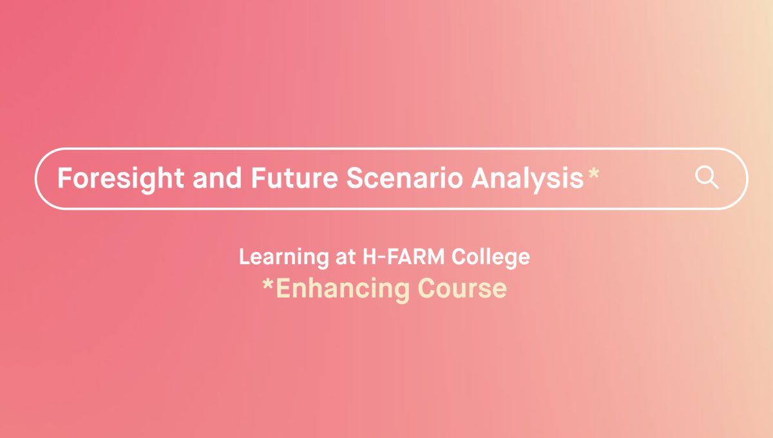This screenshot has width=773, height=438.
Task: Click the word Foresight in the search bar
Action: pyautogui.click(x=121, y=178)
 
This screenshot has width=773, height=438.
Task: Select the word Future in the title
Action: pyautogui.click(x=294, y=178)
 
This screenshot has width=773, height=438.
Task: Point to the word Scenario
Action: pyautogui.click(x=404, y=178)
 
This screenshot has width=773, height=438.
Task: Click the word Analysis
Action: pyautogui.click(x=528, y=178)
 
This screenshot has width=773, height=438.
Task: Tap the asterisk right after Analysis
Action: pyautogui.click(x=593, y=173)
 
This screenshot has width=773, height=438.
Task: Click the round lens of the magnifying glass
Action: pyautogui.click(x=704, y=175)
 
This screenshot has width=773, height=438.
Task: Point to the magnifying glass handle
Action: pyautogui.click(x=714, y=184)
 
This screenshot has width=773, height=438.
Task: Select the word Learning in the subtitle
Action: pyautogui.click(x=284, y=258)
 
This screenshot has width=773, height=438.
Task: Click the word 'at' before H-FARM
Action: pyautogui.click(x=345, y=257)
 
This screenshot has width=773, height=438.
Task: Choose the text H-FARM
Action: pyautogui.click(x=403, y=257)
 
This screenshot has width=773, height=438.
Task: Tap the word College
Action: pyautogui.click(x=490, y=258)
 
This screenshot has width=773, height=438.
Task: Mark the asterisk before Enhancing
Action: pyautogui.click(x=268, y=284)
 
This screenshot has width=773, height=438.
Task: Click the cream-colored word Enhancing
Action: pyautogui.click(x=343, y=289)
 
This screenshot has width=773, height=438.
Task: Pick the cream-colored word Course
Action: pyautogui.click(x=462, y=288)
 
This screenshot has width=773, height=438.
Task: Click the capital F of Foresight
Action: pyautogui.click(x=65, y=178)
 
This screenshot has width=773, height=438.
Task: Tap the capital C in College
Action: pyautogui.click(x=459, y=256)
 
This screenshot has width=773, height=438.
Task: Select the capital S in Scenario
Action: pyautogui.click(x=355, y=178)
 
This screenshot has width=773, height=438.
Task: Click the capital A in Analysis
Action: pyautogui.click(x=481, y=178)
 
